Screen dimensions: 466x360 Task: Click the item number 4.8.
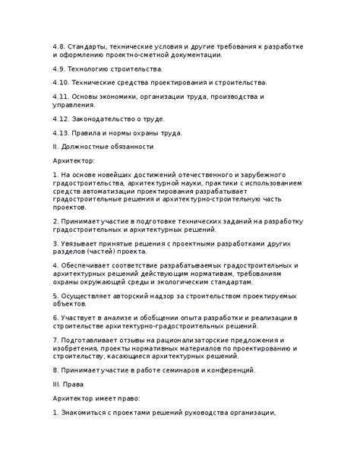[60, 46]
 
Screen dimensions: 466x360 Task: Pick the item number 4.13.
[62, 133]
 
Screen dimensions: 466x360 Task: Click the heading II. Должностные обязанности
[104, 146]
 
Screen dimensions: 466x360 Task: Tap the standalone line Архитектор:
[74, 161]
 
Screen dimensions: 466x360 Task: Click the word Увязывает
[82, 245]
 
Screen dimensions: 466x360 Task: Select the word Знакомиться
[88, 414]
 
